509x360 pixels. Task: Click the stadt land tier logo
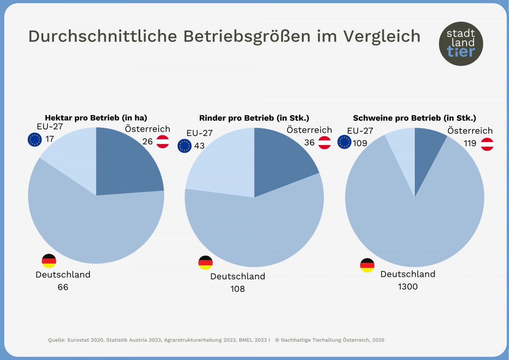pyautogui.click(x=461, y=44)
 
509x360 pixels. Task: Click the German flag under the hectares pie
pyautogui.click(x=49, y=261)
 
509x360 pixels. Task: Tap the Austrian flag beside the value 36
pyautogui.click(x=325, y=143)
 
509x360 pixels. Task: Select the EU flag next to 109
pyautogui.click(x=344, y=142)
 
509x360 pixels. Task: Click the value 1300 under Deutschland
pyautogui.click(x=408, y=287)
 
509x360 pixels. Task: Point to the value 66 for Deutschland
pyautogui.click(x=63, y=287)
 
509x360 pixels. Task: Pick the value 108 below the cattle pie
pyautogui.click(x=238, y=289)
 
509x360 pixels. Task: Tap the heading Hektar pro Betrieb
pyautogui.click(x=96, y=118)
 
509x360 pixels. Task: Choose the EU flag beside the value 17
pyautogui.click(x=34, y=139)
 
